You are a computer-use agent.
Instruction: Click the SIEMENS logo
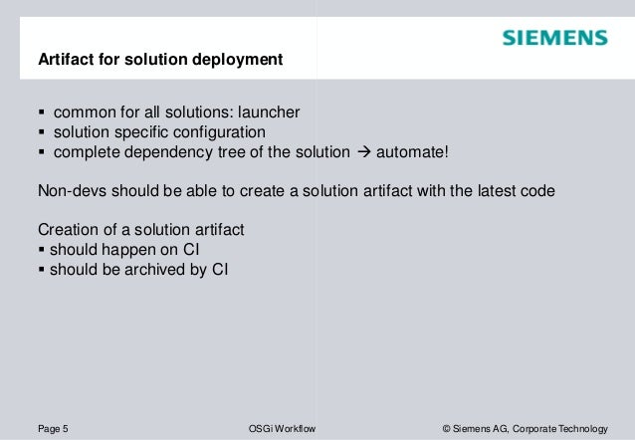tap(554, 38)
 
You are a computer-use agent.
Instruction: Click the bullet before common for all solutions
tap(41, 111)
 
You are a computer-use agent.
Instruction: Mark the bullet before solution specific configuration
tap(41, 132)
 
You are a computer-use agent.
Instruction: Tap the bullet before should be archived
tap(41, 269)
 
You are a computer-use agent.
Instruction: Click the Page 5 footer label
tap(53, 428)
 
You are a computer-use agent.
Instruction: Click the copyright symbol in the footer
tap(446, 428)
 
